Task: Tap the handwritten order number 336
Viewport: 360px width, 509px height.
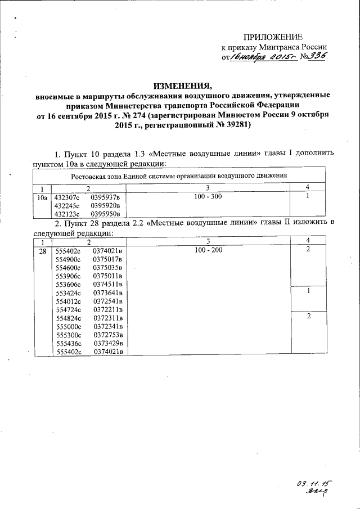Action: click(x=317, y=57)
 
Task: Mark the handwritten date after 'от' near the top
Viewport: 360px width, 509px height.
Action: click(x=266, y=57)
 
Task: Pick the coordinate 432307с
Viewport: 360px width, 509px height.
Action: click(x=67, y=198)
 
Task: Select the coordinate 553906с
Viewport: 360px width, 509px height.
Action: click(x=69, y=276)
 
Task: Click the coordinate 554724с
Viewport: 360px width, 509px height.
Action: click(x=69, y=309)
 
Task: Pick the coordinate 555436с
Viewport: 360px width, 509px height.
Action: click(x=69, y=343)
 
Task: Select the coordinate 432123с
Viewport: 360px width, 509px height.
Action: click(x=67, y=214)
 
